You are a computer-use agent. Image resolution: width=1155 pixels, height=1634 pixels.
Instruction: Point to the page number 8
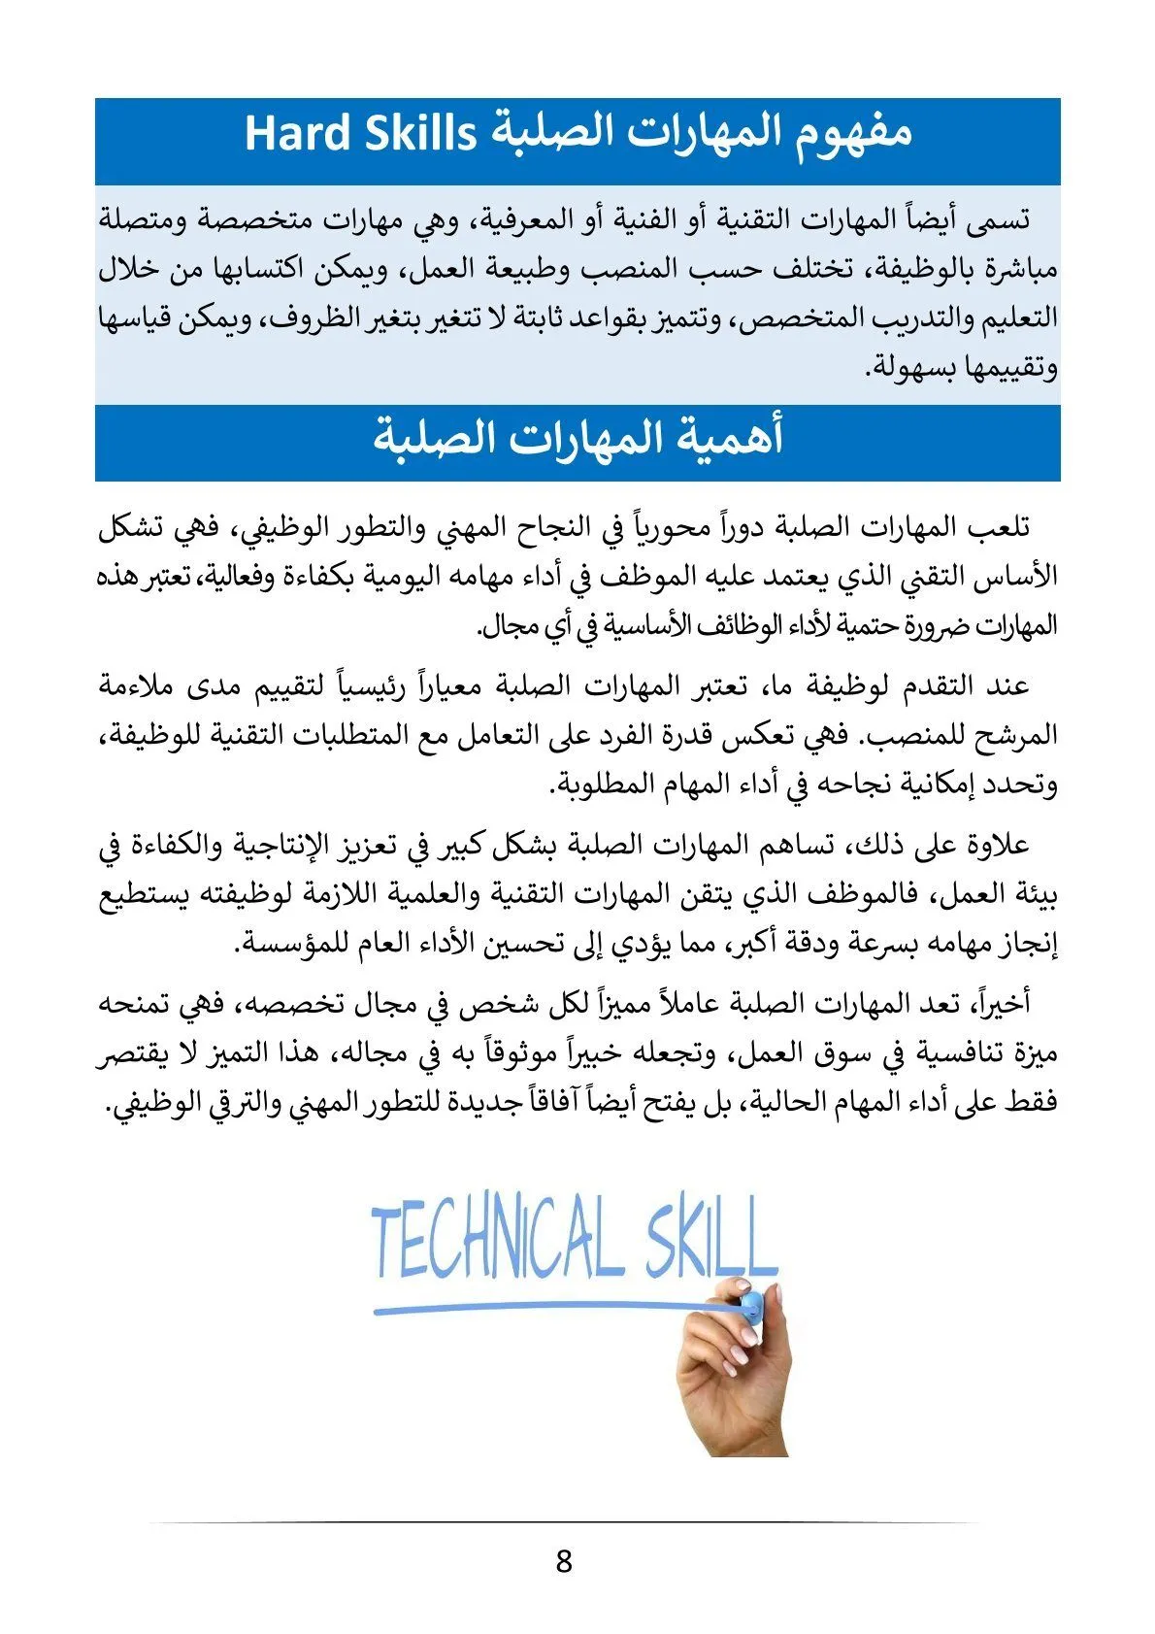(x=564, y=1562)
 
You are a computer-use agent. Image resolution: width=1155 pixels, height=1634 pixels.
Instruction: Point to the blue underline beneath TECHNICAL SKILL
(x=544, y=1310)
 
